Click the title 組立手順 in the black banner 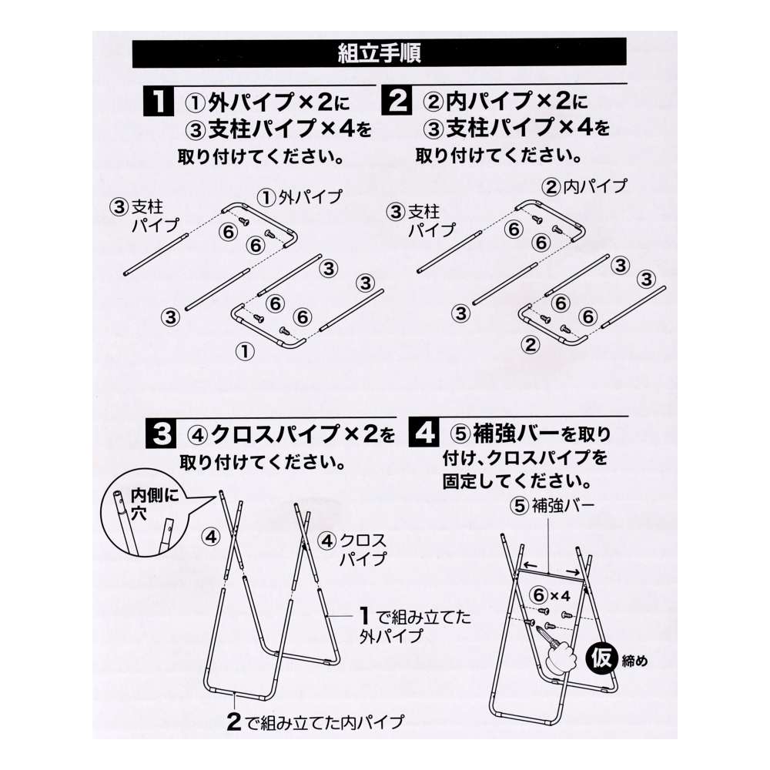[x=379, y=54]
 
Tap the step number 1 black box [x=157, y=102]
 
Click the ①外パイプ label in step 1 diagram [x=299, y=197]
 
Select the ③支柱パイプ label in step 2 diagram [x=420, y=219]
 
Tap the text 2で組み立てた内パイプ [x=316, y=721]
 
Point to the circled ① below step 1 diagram [x=244, y=352]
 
